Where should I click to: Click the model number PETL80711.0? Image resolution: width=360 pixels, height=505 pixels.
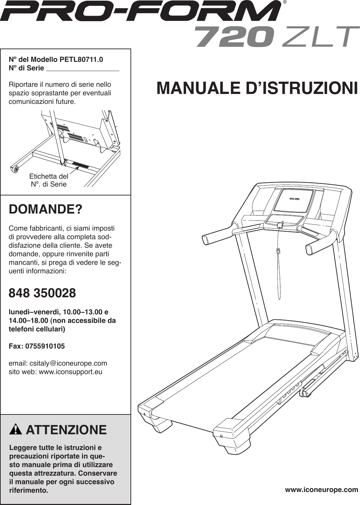(81, 59)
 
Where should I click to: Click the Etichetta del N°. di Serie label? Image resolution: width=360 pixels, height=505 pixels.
(49, 180)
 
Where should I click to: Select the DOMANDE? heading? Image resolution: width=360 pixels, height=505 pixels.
(45, 209)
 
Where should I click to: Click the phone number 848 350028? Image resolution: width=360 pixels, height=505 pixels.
(42, 293)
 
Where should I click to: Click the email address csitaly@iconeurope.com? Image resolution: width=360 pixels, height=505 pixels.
(68, 363)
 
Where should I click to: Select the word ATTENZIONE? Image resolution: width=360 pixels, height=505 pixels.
(66, 430)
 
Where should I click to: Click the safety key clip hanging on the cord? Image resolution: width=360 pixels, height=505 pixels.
(278, 251)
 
